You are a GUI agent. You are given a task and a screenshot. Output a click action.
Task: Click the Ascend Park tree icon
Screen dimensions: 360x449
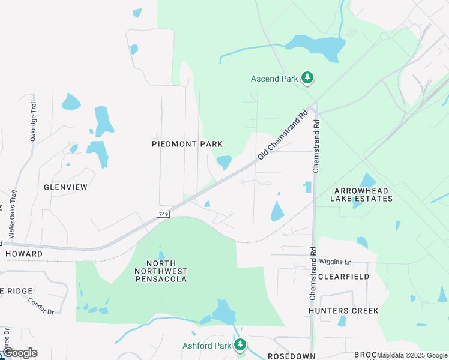coord(307,77)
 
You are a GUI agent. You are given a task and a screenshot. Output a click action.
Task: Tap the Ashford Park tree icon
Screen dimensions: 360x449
coord(240,345)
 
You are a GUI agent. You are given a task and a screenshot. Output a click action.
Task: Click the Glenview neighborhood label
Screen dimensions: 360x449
coord(66,187)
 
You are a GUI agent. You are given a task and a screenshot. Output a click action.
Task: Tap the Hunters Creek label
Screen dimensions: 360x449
coord(343,311)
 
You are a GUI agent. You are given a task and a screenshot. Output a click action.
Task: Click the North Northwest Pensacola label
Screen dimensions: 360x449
coord(161,271)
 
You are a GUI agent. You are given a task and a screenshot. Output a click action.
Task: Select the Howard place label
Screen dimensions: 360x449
coord(24,254)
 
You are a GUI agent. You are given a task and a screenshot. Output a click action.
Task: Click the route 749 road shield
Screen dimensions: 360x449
coord(164,214)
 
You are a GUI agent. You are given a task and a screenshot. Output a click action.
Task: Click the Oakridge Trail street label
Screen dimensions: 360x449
coord(34,121)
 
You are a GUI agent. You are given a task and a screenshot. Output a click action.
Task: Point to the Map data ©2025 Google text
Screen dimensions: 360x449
coord(412,356)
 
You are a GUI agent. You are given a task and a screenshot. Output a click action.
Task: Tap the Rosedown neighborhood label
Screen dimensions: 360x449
coord(292,356)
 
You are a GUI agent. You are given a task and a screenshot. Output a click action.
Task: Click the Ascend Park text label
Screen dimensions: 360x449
coord(274,79)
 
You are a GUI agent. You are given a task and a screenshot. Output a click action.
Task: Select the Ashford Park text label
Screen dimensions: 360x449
coord(207,346)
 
